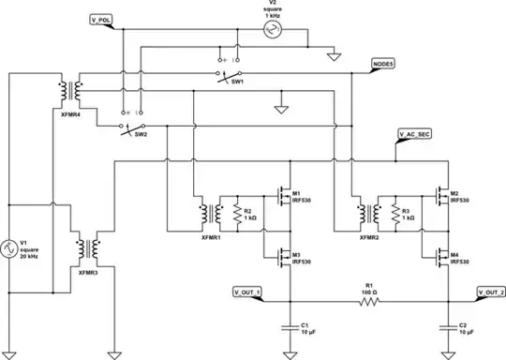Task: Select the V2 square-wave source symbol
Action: (273, 30)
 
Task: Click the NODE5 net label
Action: (383, 64)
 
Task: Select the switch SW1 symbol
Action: (231, 75)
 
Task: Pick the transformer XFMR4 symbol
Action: (70, 91)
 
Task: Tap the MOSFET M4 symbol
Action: (440, 254)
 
